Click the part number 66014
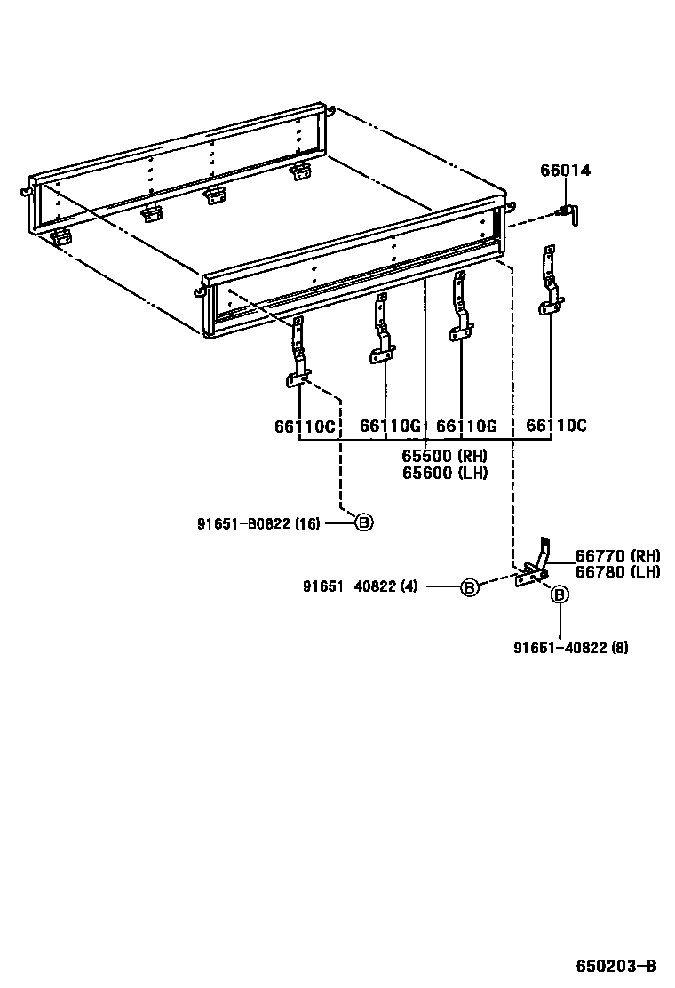point(566,171)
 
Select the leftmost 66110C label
point(304,426)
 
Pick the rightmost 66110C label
point(556,426)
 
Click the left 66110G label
point(389,426)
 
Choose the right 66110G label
point(465,426)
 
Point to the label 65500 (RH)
point(444,456)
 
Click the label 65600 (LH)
point(444,473)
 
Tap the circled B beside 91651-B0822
point(364,522)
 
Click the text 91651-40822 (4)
point(360,586)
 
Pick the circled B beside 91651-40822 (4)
point(470,586)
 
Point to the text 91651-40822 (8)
point(570,648)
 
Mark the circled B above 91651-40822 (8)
point(560,595)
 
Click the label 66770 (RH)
point(616,556)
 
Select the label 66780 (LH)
point(616,572)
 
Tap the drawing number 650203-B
point(615,966)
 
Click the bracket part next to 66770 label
point(535,567)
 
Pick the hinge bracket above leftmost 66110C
point(298,355)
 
